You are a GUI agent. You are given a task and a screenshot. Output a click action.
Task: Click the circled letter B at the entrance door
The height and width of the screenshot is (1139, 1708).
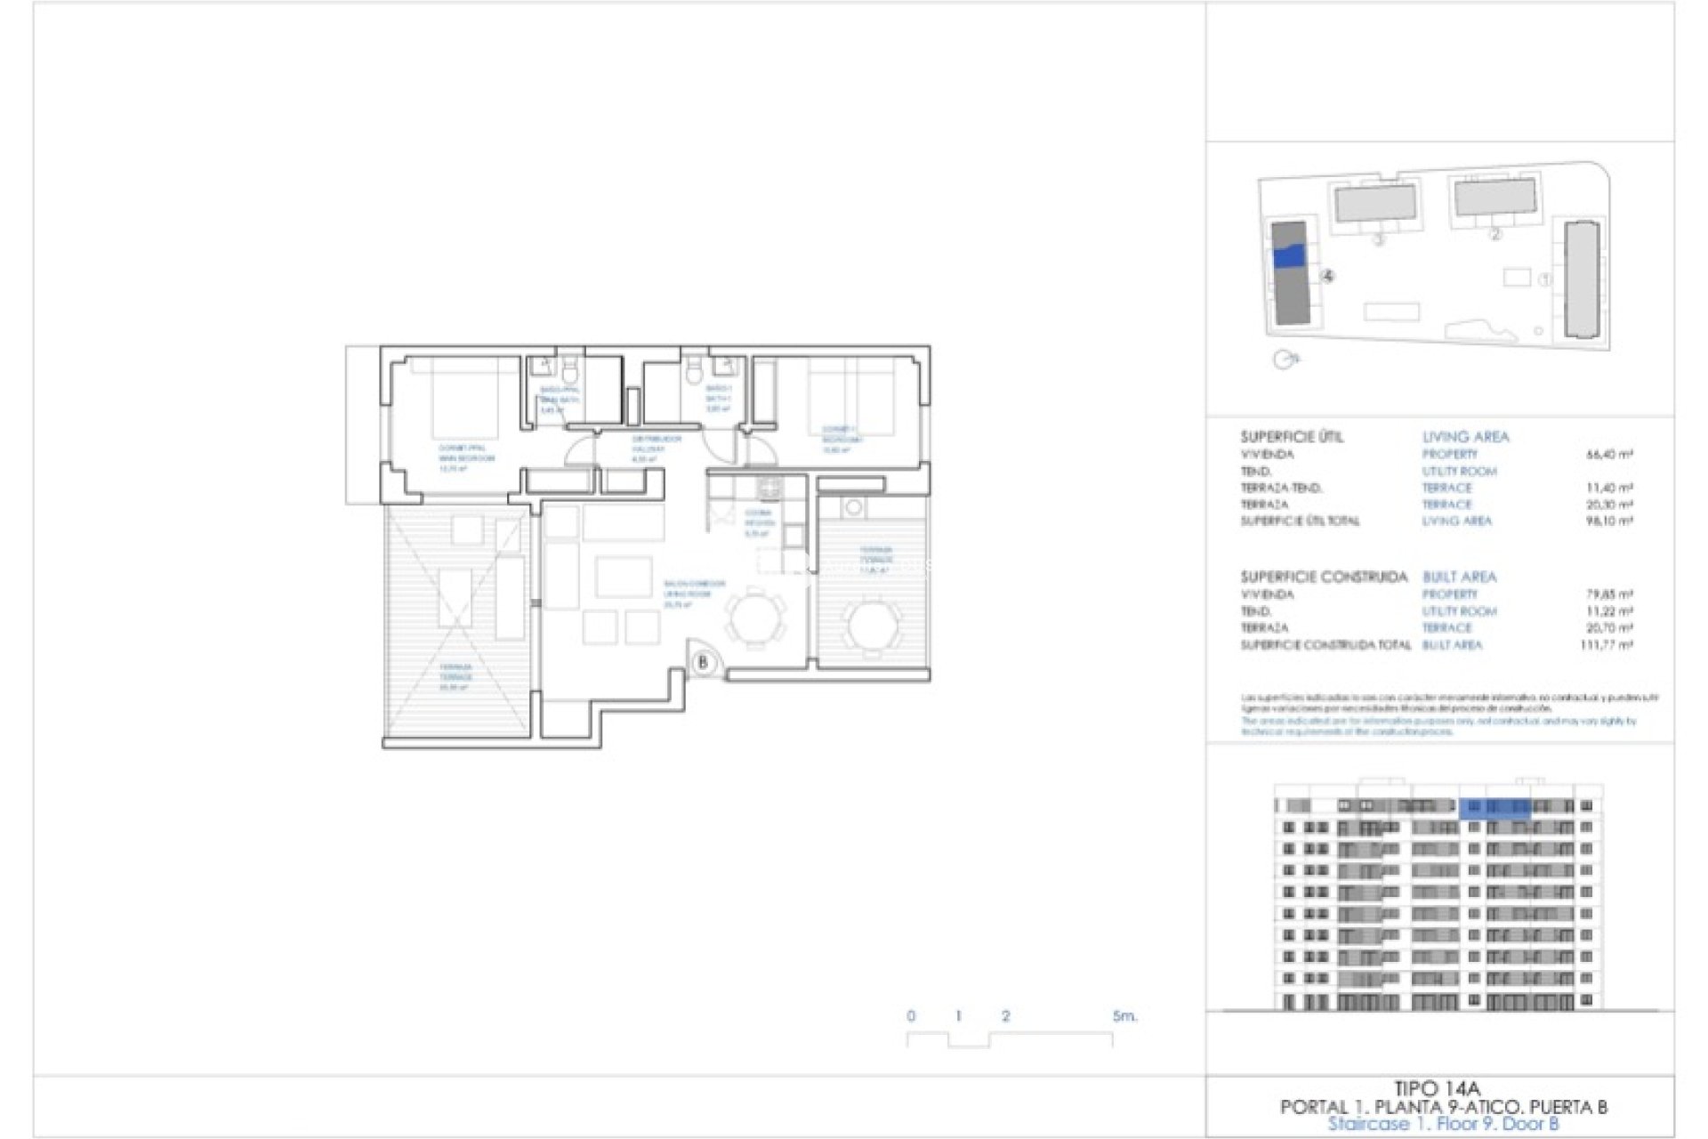(703, 663)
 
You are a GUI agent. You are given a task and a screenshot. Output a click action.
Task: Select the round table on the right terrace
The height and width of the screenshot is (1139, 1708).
(872, 624)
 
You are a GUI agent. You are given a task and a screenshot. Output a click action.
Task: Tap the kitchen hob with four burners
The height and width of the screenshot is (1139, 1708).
(769, 488)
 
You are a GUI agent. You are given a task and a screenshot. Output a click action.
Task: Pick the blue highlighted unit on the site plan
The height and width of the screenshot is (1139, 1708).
(1289, 256)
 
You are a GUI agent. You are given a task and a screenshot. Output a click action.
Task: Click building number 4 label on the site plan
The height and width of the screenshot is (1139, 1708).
(1327, 277)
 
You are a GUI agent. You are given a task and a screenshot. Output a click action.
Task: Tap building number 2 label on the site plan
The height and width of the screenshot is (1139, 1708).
(1494, 235)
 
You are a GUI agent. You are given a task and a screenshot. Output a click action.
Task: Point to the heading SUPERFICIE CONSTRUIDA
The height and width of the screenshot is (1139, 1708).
(1324, 577)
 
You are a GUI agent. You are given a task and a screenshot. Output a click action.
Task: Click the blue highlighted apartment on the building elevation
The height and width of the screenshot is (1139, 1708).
(1494, 807)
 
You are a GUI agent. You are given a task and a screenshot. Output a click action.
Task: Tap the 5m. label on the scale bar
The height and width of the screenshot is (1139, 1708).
(1124, 1015)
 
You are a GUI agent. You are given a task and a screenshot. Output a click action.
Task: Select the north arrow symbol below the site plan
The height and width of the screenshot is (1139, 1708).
(1285, 359)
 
